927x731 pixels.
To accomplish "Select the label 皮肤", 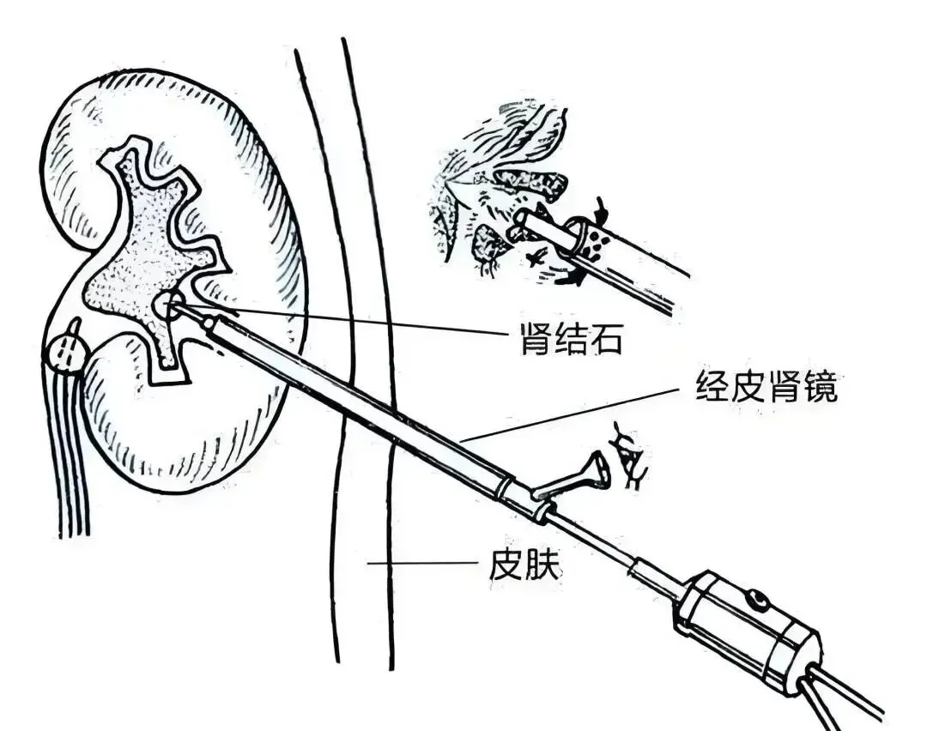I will click(525, 565).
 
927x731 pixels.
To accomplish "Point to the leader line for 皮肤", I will click(421, 564).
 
